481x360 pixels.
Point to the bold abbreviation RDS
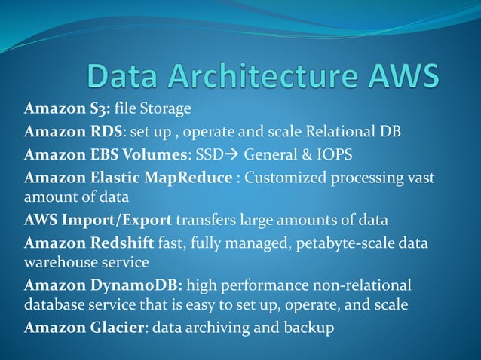[101, 133]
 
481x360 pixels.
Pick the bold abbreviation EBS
[101, 155]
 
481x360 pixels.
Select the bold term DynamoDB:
[139, 285]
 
